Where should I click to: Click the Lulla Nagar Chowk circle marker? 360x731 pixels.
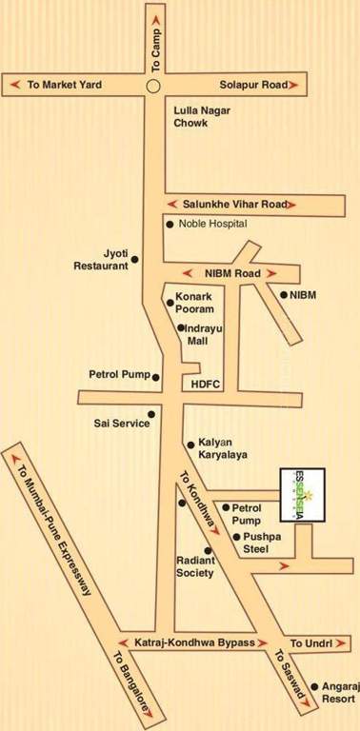click(153, 86)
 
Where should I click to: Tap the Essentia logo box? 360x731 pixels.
click(302, 494)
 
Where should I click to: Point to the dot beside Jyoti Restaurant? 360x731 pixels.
click(135, 259)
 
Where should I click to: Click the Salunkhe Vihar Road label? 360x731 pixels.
click(234, 204)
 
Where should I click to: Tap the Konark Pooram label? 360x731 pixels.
click(195, 304)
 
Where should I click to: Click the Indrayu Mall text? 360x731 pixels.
click(203, 334)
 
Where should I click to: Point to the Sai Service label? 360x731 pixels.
click(121, 423)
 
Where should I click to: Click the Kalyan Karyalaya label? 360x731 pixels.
click(223, 449)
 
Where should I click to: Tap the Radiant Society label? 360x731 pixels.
click(195, 567)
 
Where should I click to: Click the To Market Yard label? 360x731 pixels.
click(64, 85)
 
